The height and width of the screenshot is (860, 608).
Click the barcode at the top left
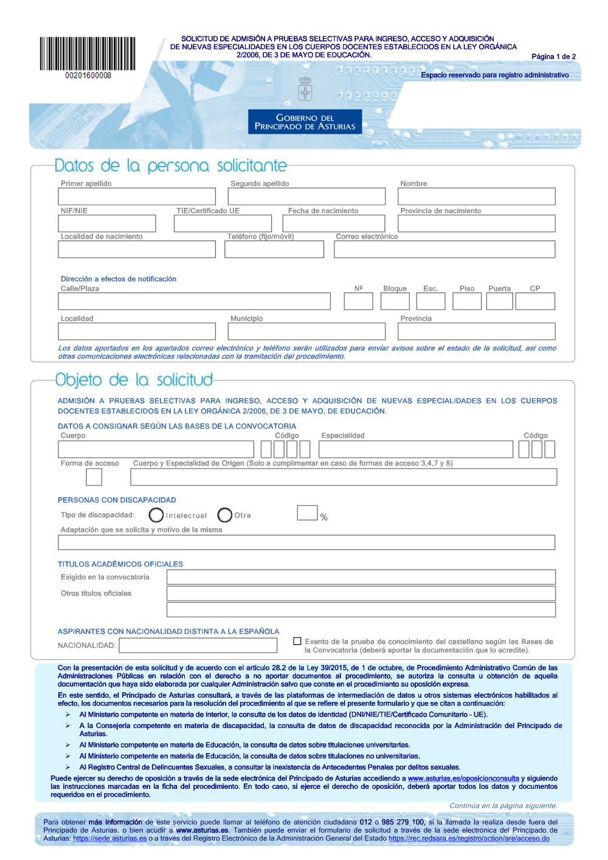(88, 55)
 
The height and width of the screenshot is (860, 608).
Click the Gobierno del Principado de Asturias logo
(305, 122)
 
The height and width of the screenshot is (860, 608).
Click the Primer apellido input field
(137, 196)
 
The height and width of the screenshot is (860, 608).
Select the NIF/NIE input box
(107, 224)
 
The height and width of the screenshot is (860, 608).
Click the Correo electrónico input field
(444, 249)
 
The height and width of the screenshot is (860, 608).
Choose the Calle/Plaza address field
(194, 301)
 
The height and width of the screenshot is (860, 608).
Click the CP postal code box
(535, 301)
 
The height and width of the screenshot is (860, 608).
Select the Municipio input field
(306, 331)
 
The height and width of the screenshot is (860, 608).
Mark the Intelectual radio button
(156, 515)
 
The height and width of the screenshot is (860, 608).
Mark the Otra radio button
(225, 515)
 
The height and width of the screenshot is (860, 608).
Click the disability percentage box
(307, 513)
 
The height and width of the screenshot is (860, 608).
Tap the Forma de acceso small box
(94, 477)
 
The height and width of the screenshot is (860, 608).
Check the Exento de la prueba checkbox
(297, 641)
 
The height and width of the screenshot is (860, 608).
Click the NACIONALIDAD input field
(198, 645)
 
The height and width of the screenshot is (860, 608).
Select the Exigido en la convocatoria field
(361, 577)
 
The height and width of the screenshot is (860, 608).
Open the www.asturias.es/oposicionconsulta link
(463, 779)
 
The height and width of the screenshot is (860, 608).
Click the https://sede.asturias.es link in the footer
(109, 839)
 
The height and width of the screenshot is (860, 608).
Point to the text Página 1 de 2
(553, 57)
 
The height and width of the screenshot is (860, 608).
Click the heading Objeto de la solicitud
(134, 380)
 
